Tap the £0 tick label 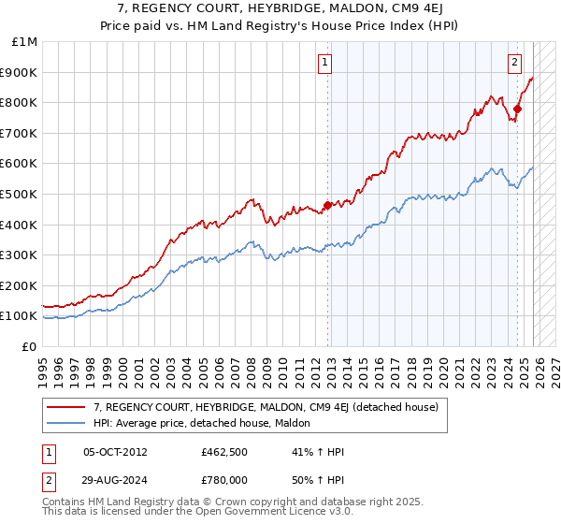(31, 346)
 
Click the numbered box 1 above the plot (324, 63)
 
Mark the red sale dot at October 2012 (327, 205)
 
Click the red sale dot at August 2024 (517, 109)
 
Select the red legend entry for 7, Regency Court (271, 407)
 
